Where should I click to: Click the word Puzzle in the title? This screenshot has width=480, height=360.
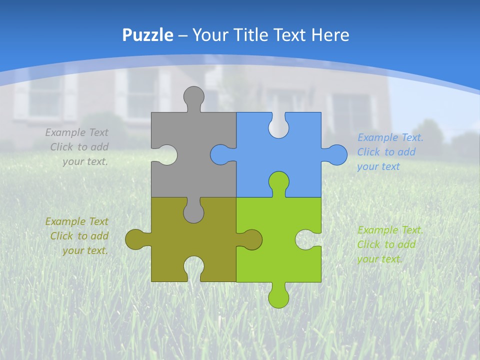coord(147,35)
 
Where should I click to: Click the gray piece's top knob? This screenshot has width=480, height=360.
coord(194,96)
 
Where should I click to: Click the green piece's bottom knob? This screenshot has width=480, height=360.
coord(278,297)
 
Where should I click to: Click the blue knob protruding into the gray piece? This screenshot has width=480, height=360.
coord(221,154)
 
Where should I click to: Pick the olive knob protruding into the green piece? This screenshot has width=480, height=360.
coord(251,239)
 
